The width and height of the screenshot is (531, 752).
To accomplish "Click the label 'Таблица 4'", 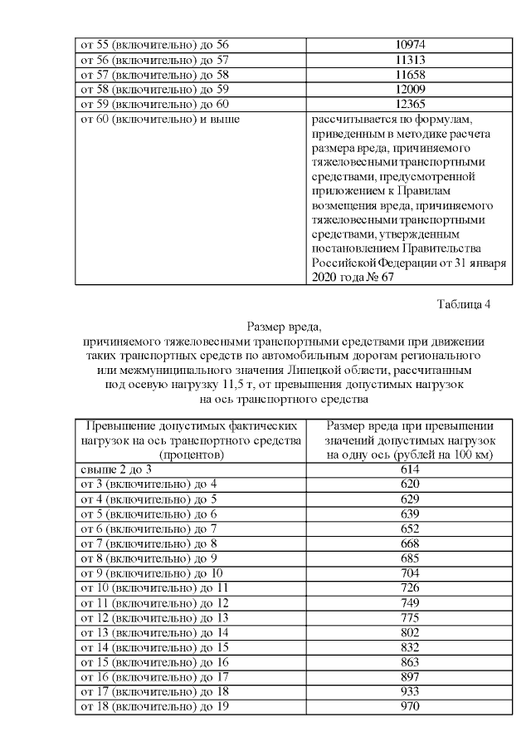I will coord(463,304).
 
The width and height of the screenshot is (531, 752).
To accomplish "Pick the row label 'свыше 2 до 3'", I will coord(116,469).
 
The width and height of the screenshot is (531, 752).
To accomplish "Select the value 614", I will coord(412,469).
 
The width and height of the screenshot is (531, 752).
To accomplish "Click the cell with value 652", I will coord(412,528).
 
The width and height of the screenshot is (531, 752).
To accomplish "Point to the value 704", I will coord(412,573).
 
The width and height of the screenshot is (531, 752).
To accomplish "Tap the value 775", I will coord(412,617).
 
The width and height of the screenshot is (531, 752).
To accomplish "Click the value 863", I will coord(412,662).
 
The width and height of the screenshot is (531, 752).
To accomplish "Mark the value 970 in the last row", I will coord(412,707).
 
